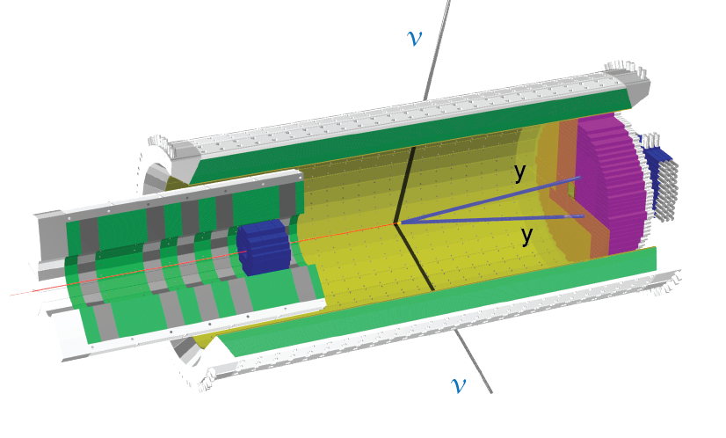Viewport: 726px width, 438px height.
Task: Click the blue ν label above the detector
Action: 414,39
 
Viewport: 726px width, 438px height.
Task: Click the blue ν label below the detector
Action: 459,384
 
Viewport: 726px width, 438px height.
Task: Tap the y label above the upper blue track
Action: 520,172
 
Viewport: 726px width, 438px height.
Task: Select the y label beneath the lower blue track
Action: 526,236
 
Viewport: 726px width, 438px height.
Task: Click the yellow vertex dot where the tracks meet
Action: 398,223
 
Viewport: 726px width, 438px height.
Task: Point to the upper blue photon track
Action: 490,201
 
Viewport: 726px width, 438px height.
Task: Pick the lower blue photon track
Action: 491,220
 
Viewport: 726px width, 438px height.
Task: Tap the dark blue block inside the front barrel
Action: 263,247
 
